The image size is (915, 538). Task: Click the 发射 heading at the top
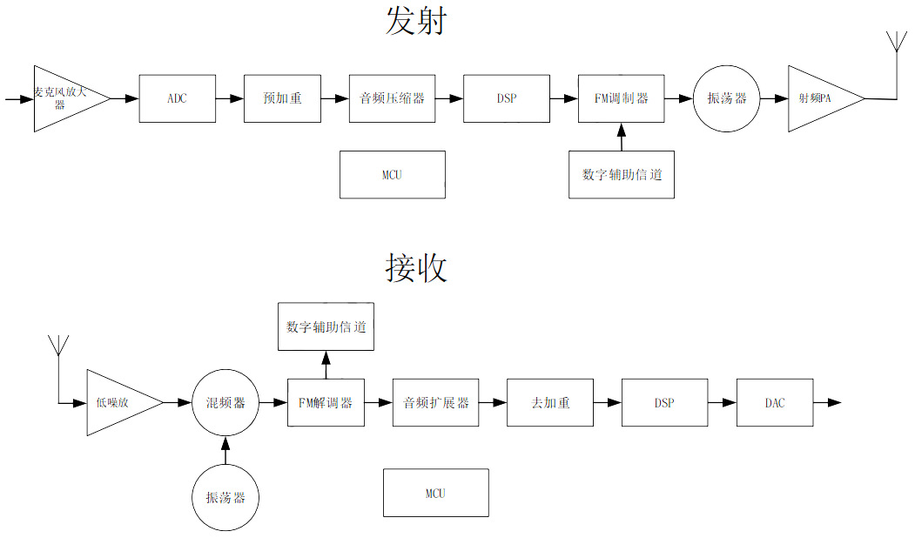click(x=415, y=21)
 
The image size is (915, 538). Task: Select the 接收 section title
click(x=415, y=268)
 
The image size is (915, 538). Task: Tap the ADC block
click(x=177, y=98)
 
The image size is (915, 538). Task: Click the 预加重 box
click(x=282, y=98)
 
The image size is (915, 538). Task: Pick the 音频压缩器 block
click(x=392, y=98)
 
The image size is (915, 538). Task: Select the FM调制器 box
click(x=621, y=98)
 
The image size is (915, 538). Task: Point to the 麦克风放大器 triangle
click(x=64, y=98)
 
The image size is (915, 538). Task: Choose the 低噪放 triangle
click(x=118, y=402)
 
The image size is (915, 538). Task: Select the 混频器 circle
click(x=225, y=402)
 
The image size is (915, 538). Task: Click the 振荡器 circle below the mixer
click(x=225, y=497)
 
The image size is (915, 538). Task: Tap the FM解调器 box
click(x=326, y=402)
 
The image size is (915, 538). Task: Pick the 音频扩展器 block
click(x=435, y=402)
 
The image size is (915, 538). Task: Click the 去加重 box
click(x=550, y=402)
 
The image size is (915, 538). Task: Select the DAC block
click(x=774, y=402)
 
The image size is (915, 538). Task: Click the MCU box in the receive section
click(x=435, y=493)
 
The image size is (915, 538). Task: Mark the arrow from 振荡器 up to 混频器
click(x=225, y=450)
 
